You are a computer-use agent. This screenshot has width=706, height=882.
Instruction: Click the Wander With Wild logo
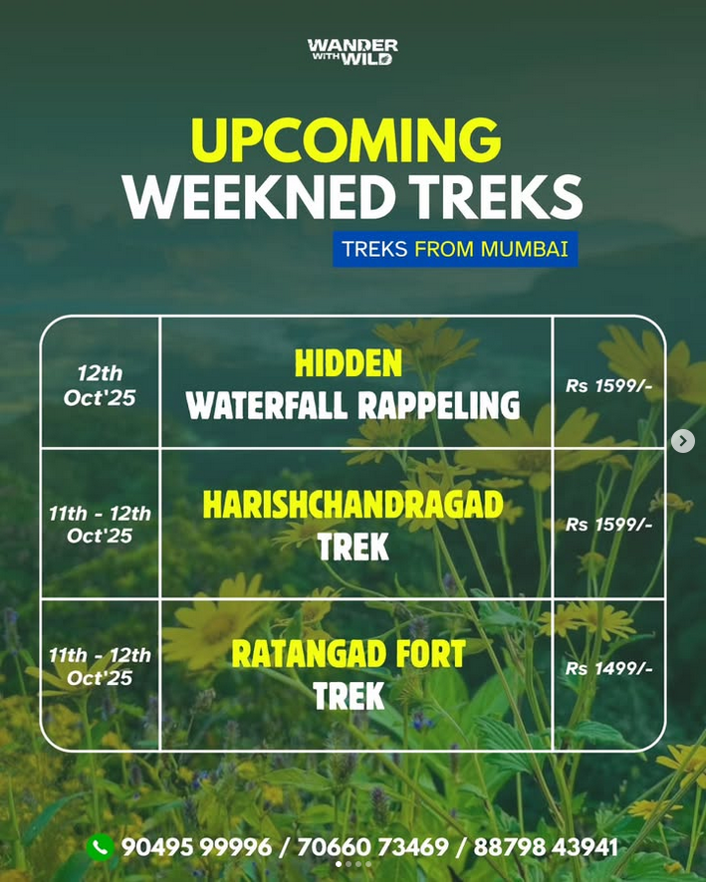pos(353,52)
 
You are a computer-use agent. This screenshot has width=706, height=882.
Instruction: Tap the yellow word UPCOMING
pos(346,140)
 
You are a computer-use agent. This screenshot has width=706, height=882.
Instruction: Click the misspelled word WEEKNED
pos(259,196)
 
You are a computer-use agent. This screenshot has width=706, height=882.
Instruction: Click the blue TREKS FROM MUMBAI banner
pos(455,249)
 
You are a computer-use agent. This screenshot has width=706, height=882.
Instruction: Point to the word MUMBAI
pos(525,249)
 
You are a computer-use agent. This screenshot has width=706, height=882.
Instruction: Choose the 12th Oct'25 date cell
pos(100,385)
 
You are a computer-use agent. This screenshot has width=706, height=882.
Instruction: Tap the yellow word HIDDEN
pos(349,363)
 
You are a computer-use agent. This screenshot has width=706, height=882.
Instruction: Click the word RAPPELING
pos(438,405)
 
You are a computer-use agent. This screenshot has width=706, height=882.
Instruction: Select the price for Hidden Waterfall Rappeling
pos(608,386)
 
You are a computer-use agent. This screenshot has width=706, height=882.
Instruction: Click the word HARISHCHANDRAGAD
pos(353,505)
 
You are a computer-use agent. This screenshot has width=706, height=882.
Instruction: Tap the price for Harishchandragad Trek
pos(608,525)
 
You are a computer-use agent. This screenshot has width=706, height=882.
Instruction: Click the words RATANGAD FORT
pos(349,654)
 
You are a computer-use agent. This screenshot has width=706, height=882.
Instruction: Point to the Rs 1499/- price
pos(608,668)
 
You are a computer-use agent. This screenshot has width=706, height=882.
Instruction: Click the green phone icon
pos(101,847)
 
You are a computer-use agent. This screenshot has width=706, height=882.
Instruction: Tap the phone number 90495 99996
pos(196,847)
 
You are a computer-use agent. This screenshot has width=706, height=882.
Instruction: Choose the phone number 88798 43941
pos(546,847)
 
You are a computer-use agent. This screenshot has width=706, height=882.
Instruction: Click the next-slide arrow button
pos(683,441)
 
